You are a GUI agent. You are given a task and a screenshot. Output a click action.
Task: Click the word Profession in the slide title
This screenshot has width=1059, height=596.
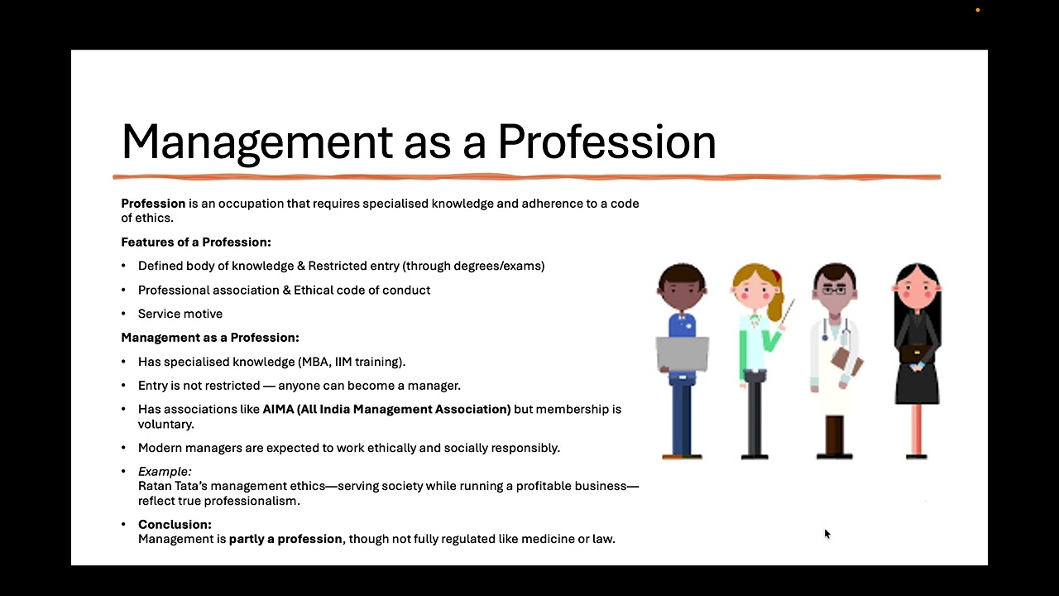pos(606,142)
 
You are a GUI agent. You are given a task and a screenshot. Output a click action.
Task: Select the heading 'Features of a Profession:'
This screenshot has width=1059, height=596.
pos(196,243)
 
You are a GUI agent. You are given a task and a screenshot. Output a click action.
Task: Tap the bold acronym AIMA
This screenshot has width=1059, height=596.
pos(277,409)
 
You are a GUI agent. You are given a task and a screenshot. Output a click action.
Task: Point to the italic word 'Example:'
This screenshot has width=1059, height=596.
pos(165,472)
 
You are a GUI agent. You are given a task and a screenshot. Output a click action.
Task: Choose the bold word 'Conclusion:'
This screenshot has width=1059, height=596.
pos(175,524)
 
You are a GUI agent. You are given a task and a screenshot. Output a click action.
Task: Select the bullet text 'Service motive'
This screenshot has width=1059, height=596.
pos(180,314)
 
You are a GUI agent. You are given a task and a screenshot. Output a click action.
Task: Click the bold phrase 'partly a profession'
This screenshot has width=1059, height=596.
pos(285,539)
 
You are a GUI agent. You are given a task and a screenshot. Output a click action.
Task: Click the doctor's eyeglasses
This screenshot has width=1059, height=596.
pos(834,290)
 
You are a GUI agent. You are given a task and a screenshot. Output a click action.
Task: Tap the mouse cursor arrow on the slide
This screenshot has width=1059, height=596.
pos(827,534)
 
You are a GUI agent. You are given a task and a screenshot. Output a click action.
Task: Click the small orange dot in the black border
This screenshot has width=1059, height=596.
pos(978,10)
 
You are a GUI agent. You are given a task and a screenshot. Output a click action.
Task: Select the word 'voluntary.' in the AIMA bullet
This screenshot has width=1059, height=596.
pos(166,424)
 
